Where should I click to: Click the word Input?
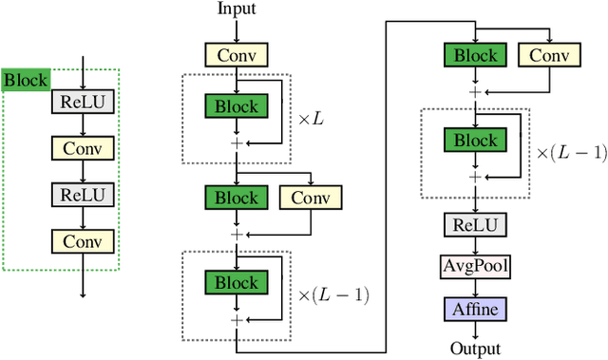tap(237, 9)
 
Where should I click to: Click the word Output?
tap(475, 349)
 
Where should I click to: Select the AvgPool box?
tap(475, 267)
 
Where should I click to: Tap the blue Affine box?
tap(475, 310)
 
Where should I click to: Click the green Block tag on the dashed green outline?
tap(25, 79)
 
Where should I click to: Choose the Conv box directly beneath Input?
tap(237, 54)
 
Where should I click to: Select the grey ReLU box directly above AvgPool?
tap(475, 224)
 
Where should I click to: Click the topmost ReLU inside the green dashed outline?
tap(84, 101)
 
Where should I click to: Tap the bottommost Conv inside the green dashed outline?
tap(84, 240)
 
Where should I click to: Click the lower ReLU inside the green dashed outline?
tap(84, 194)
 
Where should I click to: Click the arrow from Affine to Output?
tap(475, 330)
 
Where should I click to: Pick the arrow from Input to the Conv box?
tap(237, 30)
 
